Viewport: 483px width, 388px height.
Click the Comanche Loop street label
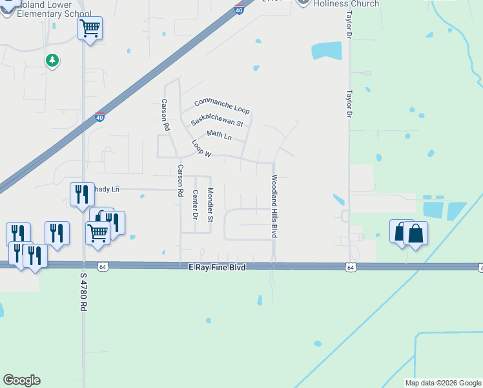221,105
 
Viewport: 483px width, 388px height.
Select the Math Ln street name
219,135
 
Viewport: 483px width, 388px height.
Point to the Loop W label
201,149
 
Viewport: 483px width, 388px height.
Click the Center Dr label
194,204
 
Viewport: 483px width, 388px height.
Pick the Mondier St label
210,204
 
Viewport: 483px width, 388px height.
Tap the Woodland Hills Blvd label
274,206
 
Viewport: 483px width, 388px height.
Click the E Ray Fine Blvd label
218,267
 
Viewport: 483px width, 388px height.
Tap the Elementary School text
56,13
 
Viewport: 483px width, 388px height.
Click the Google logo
21,380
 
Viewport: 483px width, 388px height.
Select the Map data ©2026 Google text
443,383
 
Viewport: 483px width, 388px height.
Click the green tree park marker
52,61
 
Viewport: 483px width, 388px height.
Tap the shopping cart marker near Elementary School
90,28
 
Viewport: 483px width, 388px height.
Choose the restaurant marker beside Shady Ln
81,193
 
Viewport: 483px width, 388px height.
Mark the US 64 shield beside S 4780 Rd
102,266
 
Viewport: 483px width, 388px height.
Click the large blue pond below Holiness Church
326,50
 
